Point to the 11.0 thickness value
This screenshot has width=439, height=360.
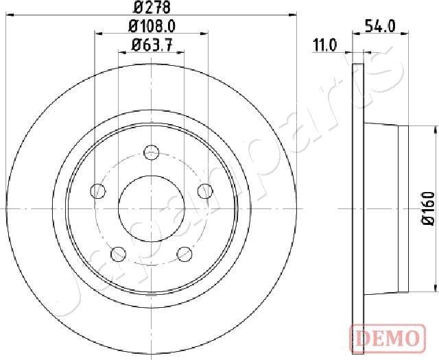point(324,46)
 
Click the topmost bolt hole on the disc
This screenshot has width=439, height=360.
point(151,152)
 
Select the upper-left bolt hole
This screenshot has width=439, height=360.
point(99,191)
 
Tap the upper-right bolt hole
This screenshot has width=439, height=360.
point(204,191)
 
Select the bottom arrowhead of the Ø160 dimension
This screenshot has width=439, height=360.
point(436,287)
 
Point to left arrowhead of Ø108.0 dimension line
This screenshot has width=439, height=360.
point(97,33)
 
